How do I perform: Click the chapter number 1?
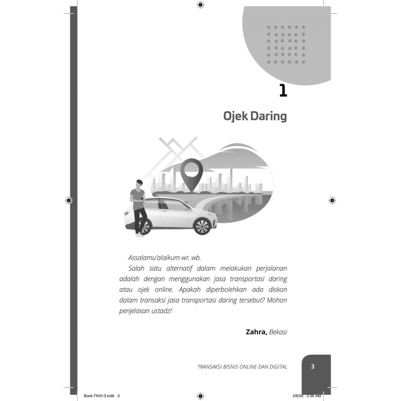(282, 90)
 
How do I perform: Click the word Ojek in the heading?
(235, 117)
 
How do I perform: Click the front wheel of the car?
(202, 226)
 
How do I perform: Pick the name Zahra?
(256, 332)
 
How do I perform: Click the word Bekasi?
(278, 332)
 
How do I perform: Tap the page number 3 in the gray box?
(313, 367)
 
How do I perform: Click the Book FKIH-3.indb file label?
(100, 396)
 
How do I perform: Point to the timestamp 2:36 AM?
(314, 396)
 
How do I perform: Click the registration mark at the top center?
(200, 5)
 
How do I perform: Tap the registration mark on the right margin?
(332, 200)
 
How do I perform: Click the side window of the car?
(169, 206)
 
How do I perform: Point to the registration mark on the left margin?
(69, 200)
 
